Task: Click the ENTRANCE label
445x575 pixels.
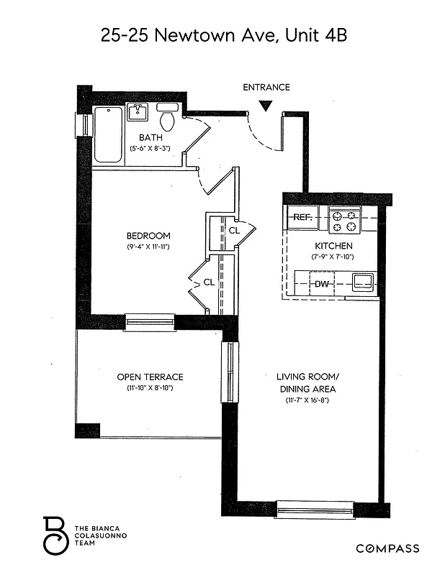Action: point(266,88)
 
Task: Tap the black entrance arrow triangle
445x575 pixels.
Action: point(266,106)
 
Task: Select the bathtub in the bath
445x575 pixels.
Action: point(108,134)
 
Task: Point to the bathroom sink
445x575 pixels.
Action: point(137,112)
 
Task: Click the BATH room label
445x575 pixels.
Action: point(150,137)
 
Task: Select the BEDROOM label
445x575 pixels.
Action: point(148,236)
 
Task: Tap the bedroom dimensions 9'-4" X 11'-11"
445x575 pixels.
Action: point(148,247)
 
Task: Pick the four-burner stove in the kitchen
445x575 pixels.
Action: point(344,220)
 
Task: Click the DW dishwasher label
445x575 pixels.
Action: point(322,284)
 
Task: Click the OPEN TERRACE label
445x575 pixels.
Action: point(150,377)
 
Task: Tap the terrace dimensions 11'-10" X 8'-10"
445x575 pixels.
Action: point(150,388)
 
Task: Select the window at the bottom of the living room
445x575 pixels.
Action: point(315,509)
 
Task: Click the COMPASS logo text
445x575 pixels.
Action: point(387,548)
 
